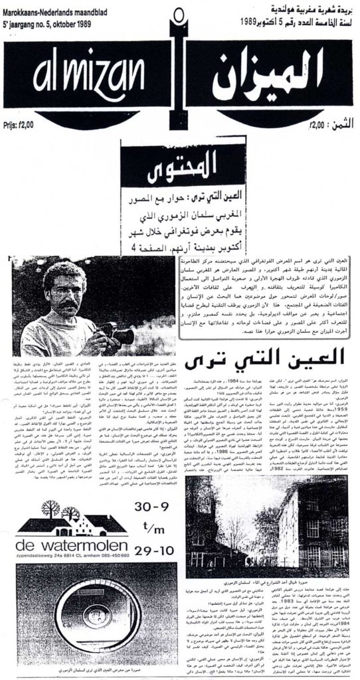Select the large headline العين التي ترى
coord(236,362)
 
